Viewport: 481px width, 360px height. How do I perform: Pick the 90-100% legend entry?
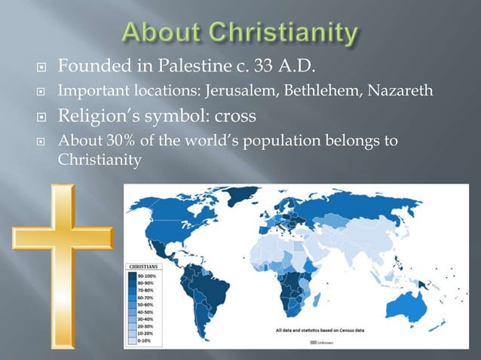click(148, 276)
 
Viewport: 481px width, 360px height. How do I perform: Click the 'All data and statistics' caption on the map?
click(316, 328)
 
